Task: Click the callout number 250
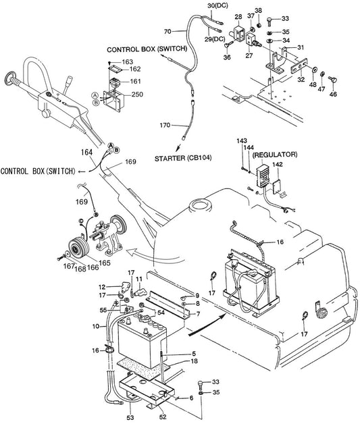(x=137, y=95)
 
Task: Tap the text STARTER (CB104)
(x=183, y=158)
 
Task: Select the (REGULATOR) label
(x=275, y=155)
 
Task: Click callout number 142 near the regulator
(x=277, y=164)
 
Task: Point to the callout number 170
(x=165, y=126)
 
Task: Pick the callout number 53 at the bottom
(x=130, y=417)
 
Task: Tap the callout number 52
(x=163, y=417)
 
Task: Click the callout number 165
(x=105, y=263)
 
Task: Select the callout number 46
(x=333, y=94)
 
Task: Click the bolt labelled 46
(x=332, y=80)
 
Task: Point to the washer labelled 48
(x=313, y=69)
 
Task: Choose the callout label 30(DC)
(x=217, y=5)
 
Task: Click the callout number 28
(x=238, y=17)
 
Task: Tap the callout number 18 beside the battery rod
(x=195, y=361)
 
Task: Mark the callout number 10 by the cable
(x=96, y=326)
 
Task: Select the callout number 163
(x=128, y=62)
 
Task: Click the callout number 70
(x=168, y=32)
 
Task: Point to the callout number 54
(x=161, y=313)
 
